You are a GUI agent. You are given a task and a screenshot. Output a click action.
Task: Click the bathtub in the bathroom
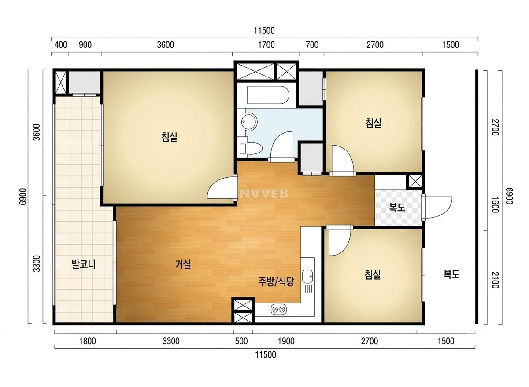tap(268, 95)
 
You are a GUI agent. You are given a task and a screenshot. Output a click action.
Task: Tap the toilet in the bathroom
tap(250, 149)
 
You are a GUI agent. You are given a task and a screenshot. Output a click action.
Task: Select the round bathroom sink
tap(249, 122)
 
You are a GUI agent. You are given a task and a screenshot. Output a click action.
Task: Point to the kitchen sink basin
tap(307, 277)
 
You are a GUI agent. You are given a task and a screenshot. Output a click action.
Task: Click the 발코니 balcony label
tap(83, 264)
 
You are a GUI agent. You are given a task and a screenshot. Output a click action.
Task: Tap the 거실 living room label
tap(183, 264)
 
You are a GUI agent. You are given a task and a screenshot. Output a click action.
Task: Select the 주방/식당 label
tap(276, 281)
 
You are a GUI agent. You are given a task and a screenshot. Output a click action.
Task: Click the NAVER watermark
tap(264, 193)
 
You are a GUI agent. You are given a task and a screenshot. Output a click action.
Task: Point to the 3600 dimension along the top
tap(165, 45)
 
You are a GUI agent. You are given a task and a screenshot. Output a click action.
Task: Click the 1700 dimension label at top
tap(266, 45)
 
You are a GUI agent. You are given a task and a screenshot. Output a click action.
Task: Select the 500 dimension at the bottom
tap(241, 341)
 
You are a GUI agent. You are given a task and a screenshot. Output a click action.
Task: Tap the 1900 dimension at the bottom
tap(286, 341)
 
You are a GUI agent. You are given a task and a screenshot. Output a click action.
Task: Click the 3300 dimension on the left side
tap(37, 264)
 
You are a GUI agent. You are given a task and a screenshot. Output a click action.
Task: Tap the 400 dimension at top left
tap(61, 45)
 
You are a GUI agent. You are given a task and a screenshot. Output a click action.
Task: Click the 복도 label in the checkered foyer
tap(397, 207)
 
